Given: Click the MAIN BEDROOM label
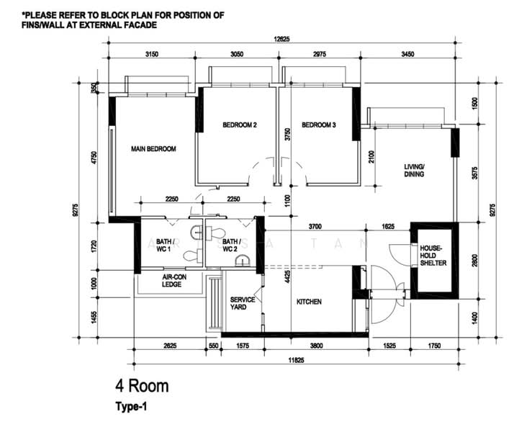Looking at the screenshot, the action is point(153,148).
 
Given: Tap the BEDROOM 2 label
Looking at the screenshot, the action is point(240,125).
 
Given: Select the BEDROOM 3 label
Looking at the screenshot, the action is point(319,125).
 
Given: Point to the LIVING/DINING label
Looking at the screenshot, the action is point(414,171).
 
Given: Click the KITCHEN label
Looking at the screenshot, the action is point(309,302).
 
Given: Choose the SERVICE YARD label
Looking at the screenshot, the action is point(243,303).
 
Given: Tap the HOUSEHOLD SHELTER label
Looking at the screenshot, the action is point(433,256).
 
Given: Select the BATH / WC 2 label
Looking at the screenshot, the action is point(232,246).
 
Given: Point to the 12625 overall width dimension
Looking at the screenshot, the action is point(281,39).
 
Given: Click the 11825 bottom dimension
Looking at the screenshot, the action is point(296,361).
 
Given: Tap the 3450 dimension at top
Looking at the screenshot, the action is point(407,54).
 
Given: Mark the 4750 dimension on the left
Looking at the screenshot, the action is point(94,158).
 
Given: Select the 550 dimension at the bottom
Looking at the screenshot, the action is point(213,346).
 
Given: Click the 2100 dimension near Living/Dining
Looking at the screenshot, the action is point(371,157).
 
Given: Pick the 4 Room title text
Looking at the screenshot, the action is point(142,386).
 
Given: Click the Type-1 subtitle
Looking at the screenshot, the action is point(131,407).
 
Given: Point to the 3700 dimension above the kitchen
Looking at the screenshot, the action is point(315,226).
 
